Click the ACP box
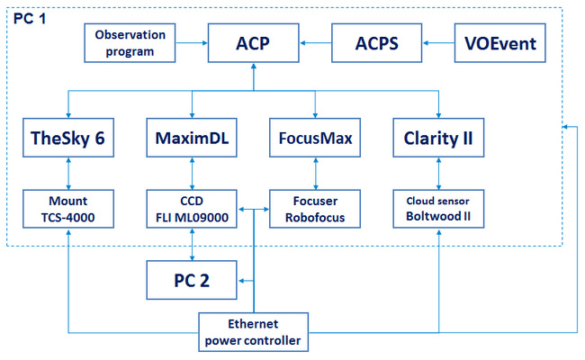click(x=253, y=43)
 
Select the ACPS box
click(x=377, y=43)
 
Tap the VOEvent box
click(x=499, y=43)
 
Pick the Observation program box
click(x=130, y=43)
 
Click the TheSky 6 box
click(x=68, y=138)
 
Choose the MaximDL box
click(x=192, y=138)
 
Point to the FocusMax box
click(x=315, y=138)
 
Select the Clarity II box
click(x=438, y=138)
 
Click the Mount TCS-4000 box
click(x=68, y=209)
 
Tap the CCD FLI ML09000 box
click(x=192, y=209)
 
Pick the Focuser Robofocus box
click(x=315, y=209)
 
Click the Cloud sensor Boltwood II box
click(x=438, y=209)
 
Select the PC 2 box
click(x=192, y=280)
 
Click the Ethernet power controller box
click(x=253, y=332)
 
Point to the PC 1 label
click(x=30, y=18)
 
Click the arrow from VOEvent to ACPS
click(x=438, y=43)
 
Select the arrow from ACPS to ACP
click(x=315, y=43)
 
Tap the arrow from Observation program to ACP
click(x=192, y=43)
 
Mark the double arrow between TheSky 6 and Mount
click(x=68, y=174)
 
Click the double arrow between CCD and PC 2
click(x=192, y=245)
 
